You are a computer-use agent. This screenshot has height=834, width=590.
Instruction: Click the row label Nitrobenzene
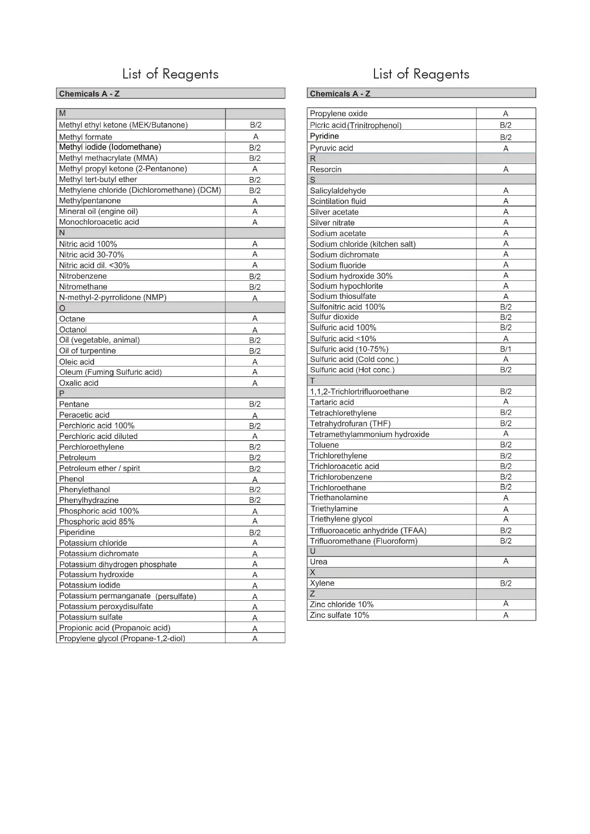point(83,276)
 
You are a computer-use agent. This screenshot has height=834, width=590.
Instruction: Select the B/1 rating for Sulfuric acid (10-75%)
point(505,349)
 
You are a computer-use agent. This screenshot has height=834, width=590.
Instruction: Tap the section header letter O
point(62,308)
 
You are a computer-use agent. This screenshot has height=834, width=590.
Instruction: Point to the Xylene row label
point(322,583)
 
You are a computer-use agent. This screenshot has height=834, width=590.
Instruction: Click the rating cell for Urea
point(505,561)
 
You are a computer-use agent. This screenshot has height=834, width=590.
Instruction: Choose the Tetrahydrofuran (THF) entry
point(350,423)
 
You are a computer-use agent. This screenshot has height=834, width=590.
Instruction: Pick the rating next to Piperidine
point(255,532)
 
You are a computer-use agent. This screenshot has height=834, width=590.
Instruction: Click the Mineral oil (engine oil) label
point(98,211)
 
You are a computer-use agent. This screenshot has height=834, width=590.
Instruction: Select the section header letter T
point(312,381)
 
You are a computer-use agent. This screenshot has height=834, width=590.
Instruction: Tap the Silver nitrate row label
point(332,222)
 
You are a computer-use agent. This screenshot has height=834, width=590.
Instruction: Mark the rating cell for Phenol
point(255,479)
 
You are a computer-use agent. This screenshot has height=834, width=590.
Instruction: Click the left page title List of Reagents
point(170,74)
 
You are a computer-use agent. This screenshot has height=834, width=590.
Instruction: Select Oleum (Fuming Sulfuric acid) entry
point(110,372)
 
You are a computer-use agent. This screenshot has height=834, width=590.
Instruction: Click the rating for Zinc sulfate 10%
point(505,615)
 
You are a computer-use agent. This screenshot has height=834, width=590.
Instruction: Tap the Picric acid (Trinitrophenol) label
point(355,125)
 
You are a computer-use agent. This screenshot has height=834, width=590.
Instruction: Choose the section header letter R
point(313,158)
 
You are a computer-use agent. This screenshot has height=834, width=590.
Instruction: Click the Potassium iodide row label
point(89,585)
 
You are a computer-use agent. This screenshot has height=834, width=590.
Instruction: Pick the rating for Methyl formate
point(255,137)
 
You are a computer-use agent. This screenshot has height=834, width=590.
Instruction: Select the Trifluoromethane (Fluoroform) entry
point(363,541)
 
